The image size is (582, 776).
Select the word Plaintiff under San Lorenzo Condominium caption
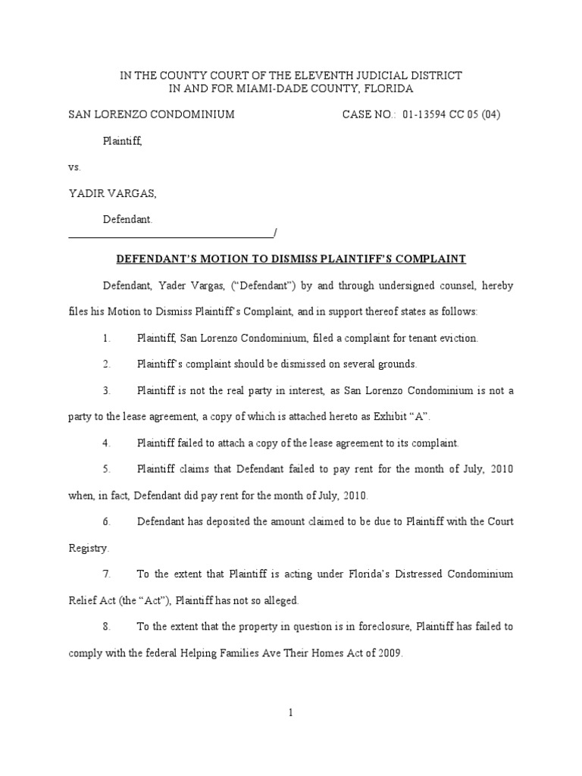coord(122,141)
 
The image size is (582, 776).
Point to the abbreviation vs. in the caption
coord(74,167)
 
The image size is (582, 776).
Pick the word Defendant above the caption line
coord(127,219)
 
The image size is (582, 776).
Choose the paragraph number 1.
coord(107,339)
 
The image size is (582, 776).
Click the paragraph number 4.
coord(107,443)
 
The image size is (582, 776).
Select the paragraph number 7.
coord(107,574)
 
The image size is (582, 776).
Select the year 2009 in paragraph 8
coord(387,653)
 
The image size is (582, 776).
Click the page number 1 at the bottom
coord(291,712)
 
